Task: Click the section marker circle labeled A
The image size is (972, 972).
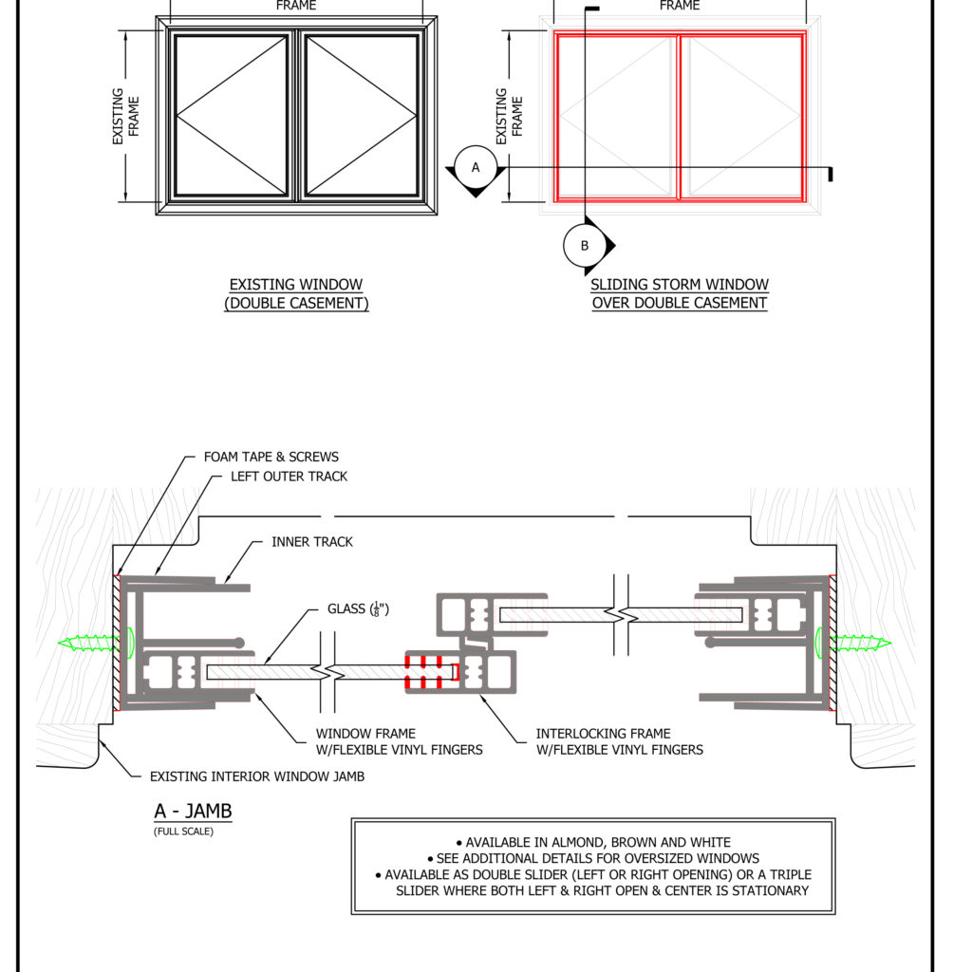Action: coord(477,167)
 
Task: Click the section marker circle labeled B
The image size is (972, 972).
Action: coord(585,246)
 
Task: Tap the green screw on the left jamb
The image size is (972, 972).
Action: coord(92,643)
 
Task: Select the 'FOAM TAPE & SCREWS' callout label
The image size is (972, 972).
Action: coord(271,457)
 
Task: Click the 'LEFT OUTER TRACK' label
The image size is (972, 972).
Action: coord(289,477)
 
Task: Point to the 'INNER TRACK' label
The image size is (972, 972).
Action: coord(311,542)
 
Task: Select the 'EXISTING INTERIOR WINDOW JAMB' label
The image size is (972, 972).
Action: coord(256,776)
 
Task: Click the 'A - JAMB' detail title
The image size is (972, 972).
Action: coord(193,813)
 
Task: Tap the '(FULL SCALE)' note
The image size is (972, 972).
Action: coord(183,832)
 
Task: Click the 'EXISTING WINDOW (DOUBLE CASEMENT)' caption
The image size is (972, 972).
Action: coord(296,294)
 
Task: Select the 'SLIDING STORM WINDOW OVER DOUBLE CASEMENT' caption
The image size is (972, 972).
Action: coord(680,294)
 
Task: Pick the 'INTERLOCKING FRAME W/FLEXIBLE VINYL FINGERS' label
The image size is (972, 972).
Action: coord(619,741)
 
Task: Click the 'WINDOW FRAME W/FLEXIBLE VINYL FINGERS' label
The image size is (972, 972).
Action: coord(399,741)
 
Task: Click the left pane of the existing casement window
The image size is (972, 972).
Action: coord(232,116)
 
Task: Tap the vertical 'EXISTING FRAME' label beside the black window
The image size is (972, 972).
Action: coord(125,116)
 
